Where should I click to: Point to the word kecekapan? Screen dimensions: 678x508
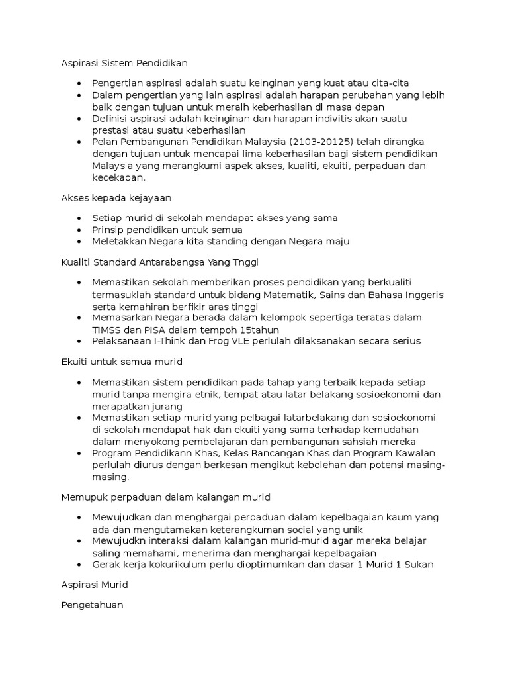(x=119, y=178)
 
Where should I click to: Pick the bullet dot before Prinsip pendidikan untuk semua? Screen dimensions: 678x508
(x=79, y=230)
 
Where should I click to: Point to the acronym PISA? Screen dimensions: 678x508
(x=162, y=329)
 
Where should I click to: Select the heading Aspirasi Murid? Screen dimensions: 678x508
(x=95, y=585)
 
